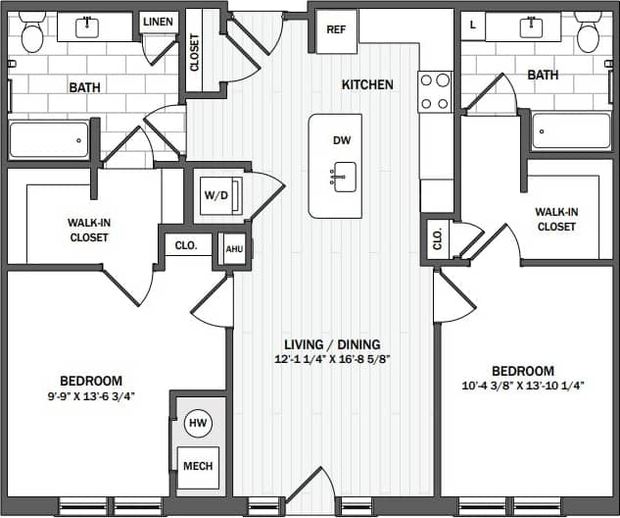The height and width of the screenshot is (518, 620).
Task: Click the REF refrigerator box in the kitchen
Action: click(336, 29)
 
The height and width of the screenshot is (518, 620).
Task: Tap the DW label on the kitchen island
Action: click(342, 141)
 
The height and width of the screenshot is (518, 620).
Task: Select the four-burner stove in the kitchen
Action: click(435, 91)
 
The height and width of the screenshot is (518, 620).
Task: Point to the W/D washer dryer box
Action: click(215, 195)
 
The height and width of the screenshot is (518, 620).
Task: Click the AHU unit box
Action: click(234, 248)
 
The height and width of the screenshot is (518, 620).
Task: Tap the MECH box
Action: click(198, 466)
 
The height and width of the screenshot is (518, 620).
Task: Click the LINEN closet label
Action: click(159, 22)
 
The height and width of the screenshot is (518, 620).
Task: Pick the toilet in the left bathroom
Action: click(32, 33)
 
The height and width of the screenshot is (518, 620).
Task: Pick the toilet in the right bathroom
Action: click(589, 32)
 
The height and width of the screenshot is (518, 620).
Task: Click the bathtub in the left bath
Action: click(49, 139)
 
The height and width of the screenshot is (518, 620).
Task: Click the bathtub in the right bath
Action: click(571, 131)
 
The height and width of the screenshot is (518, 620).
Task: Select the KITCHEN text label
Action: click(367, 85)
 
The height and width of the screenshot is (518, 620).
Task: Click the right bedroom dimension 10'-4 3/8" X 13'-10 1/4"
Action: click(522, 387)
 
